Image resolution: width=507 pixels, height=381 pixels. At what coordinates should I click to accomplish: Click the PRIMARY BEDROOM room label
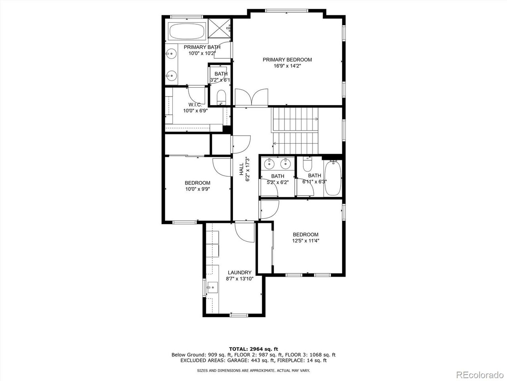coord(287,60)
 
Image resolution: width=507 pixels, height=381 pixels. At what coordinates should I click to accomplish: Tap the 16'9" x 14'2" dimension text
coord(287,66)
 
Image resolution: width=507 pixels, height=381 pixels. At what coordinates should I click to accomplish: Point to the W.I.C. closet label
coord(195,105)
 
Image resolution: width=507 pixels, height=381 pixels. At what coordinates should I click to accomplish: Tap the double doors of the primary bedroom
coord(252,98)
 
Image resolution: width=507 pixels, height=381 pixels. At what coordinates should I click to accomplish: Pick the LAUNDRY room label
coord(239,272)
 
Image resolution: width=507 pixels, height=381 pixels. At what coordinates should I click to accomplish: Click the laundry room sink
coord(212,287)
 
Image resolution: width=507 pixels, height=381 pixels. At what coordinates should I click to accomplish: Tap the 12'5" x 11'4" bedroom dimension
coord(305,241)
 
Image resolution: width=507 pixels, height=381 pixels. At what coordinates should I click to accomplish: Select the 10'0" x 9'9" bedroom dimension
coord(197,189)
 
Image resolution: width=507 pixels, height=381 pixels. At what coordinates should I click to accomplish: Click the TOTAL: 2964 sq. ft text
coord(253,349)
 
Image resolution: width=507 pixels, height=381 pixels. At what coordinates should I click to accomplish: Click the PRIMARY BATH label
coord(202,47)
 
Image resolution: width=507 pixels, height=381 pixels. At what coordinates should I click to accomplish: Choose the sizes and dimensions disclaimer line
coord(253,370)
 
